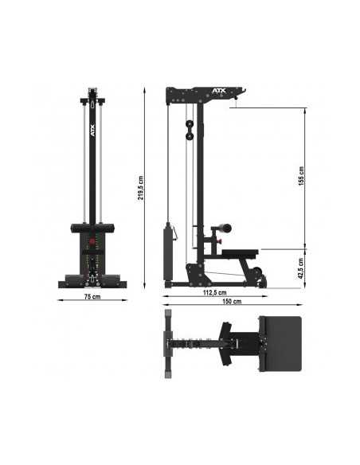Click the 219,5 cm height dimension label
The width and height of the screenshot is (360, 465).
click(x=141, y=188)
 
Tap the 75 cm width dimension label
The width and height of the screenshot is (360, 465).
click(x=92, y=297)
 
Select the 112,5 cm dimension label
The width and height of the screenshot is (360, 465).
click(x=213, y=293)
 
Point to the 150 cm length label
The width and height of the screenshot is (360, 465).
click(x=232, y=303)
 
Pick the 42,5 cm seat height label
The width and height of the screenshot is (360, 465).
click(x=301, y=267)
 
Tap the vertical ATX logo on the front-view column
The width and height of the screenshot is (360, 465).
click(x=92, y=127)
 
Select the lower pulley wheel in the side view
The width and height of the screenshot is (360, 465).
click(x=190, y=139)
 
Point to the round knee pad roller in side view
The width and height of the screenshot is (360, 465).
click(x=226, y=229)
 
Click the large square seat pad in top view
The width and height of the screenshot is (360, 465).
click(x=280, y=343)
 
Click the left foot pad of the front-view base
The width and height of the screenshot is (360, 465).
click(x=71, y=279)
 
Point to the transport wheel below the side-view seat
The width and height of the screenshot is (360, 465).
click(x=257, y=279)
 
